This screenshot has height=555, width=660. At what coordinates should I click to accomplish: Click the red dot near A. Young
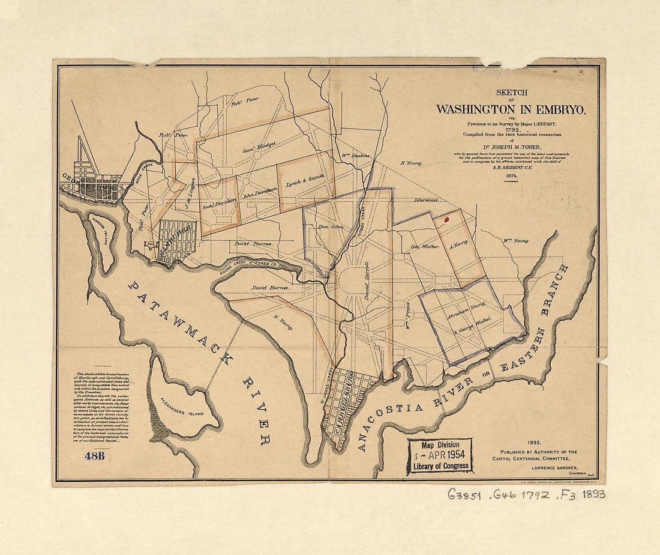click(446, 220)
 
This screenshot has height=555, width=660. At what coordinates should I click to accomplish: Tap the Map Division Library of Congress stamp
click(440, 455)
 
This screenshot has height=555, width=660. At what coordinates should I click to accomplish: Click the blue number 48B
click(95, 455)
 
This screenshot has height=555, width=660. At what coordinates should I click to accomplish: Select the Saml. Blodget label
click(257, 146)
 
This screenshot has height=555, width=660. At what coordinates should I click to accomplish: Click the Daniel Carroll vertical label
click(367, 281)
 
